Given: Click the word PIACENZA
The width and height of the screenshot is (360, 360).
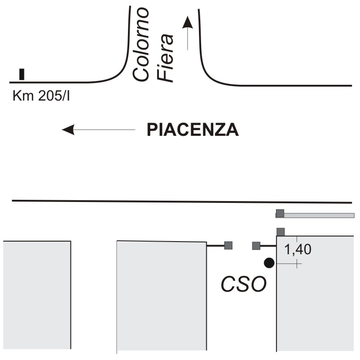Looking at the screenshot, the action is [193, 130].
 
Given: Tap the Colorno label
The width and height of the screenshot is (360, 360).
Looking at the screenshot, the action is [141, 44].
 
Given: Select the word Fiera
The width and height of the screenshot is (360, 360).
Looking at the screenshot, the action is [165, 58].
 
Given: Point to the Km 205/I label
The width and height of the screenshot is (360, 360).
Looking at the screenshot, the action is [41, 95].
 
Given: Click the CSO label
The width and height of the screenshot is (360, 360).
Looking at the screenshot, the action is [243, 284].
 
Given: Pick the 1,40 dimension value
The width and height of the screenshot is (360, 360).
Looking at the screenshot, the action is [298, 249].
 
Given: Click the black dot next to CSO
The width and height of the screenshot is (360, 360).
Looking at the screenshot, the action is [269, 263].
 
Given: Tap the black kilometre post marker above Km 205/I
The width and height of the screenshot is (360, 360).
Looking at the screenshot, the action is [22, 74].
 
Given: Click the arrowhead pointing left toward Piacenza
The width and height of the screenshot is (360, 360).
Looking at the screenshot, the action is [68, 129].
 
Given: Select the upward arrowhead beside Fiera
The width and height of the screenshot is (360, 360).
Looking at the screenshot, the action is [188, 23].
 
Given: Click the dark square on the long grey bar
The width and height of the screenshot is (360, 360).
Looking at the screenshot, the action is [280, 213].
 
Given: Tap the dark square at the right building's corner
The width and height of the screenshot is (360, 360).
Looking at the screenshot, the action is [281, 232].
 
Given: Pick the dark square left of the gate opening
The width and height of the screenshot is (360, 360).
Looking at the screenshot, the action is [228, 246].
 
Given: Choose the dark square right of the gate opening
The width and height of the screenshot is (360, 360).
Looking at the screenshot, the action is [256, 246].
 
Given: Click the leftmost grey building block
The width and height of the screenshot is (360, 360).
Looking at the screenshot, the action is [37, 295].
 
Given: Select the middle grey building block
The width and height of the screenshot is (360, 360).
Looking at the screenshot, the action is [161, 296].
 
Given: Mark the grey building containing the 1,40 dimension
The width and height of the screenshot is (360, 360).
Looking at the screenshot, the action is [315, 293].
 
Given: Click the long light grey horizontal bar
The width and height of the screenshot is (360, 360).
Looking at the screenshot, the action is [315, 215].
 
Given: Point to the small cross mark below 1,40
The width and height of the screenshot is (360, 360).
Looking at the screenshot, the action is [297, 264].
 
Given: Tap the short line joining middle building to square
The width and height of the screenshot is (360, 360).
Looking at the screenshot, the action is [215, 246].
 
